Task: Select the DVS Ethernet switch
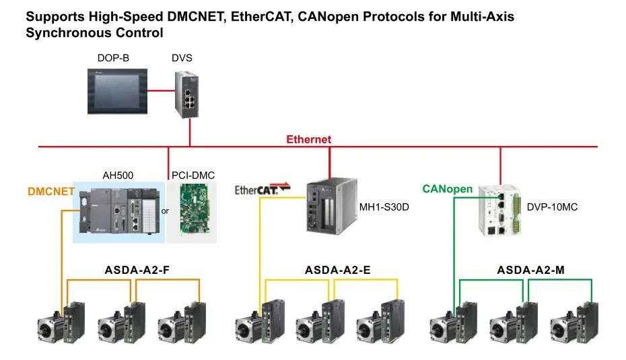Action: coord(188,93)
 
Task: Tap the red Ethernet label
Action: coord(309,139)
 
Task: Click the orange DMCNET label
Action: coord(51,191)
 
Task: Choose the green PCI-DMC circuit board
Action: coord(194,212)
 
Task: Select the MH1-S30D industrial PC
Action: coord(328,207)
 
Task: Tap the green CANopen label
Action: coord(448,189)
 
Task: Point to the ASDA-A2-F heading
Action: coord(137,271)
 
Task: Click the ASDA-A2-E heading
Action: coord(337,271)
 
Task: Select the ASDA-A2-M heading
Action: coord(530,271)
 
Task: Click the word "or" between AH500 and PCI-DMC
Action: coord(164,211)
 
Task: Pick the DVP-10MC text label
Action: coord(552,207)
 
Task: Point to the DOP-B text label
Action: coord(113,59)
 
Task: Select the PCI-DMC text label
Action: coord(193,176)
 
